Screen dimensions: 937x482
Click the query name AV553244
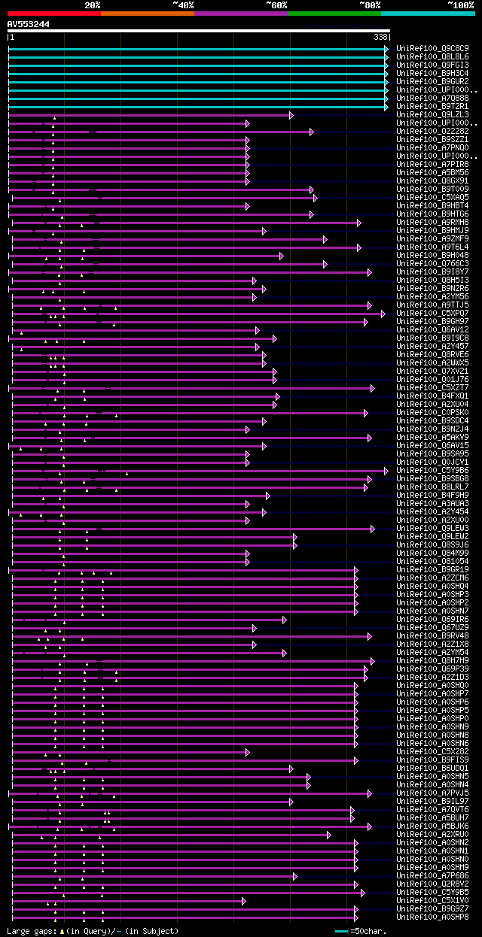29,24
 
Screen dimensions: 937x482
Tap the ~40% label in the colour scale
183,5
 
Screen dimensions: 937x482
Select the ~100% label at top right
460,5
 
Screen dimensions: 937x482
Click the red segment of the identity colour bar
53,13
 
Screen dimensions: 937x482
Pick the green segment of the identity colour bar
334,13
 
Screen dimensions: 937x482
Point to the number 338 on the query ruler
380,37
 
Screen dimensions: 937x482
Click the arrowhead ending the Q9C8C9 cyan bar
386,48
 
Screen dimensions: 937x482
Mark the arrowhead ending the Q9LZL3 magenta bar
291,114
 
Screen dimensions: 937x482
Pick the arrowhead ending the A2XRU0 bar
328,834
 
